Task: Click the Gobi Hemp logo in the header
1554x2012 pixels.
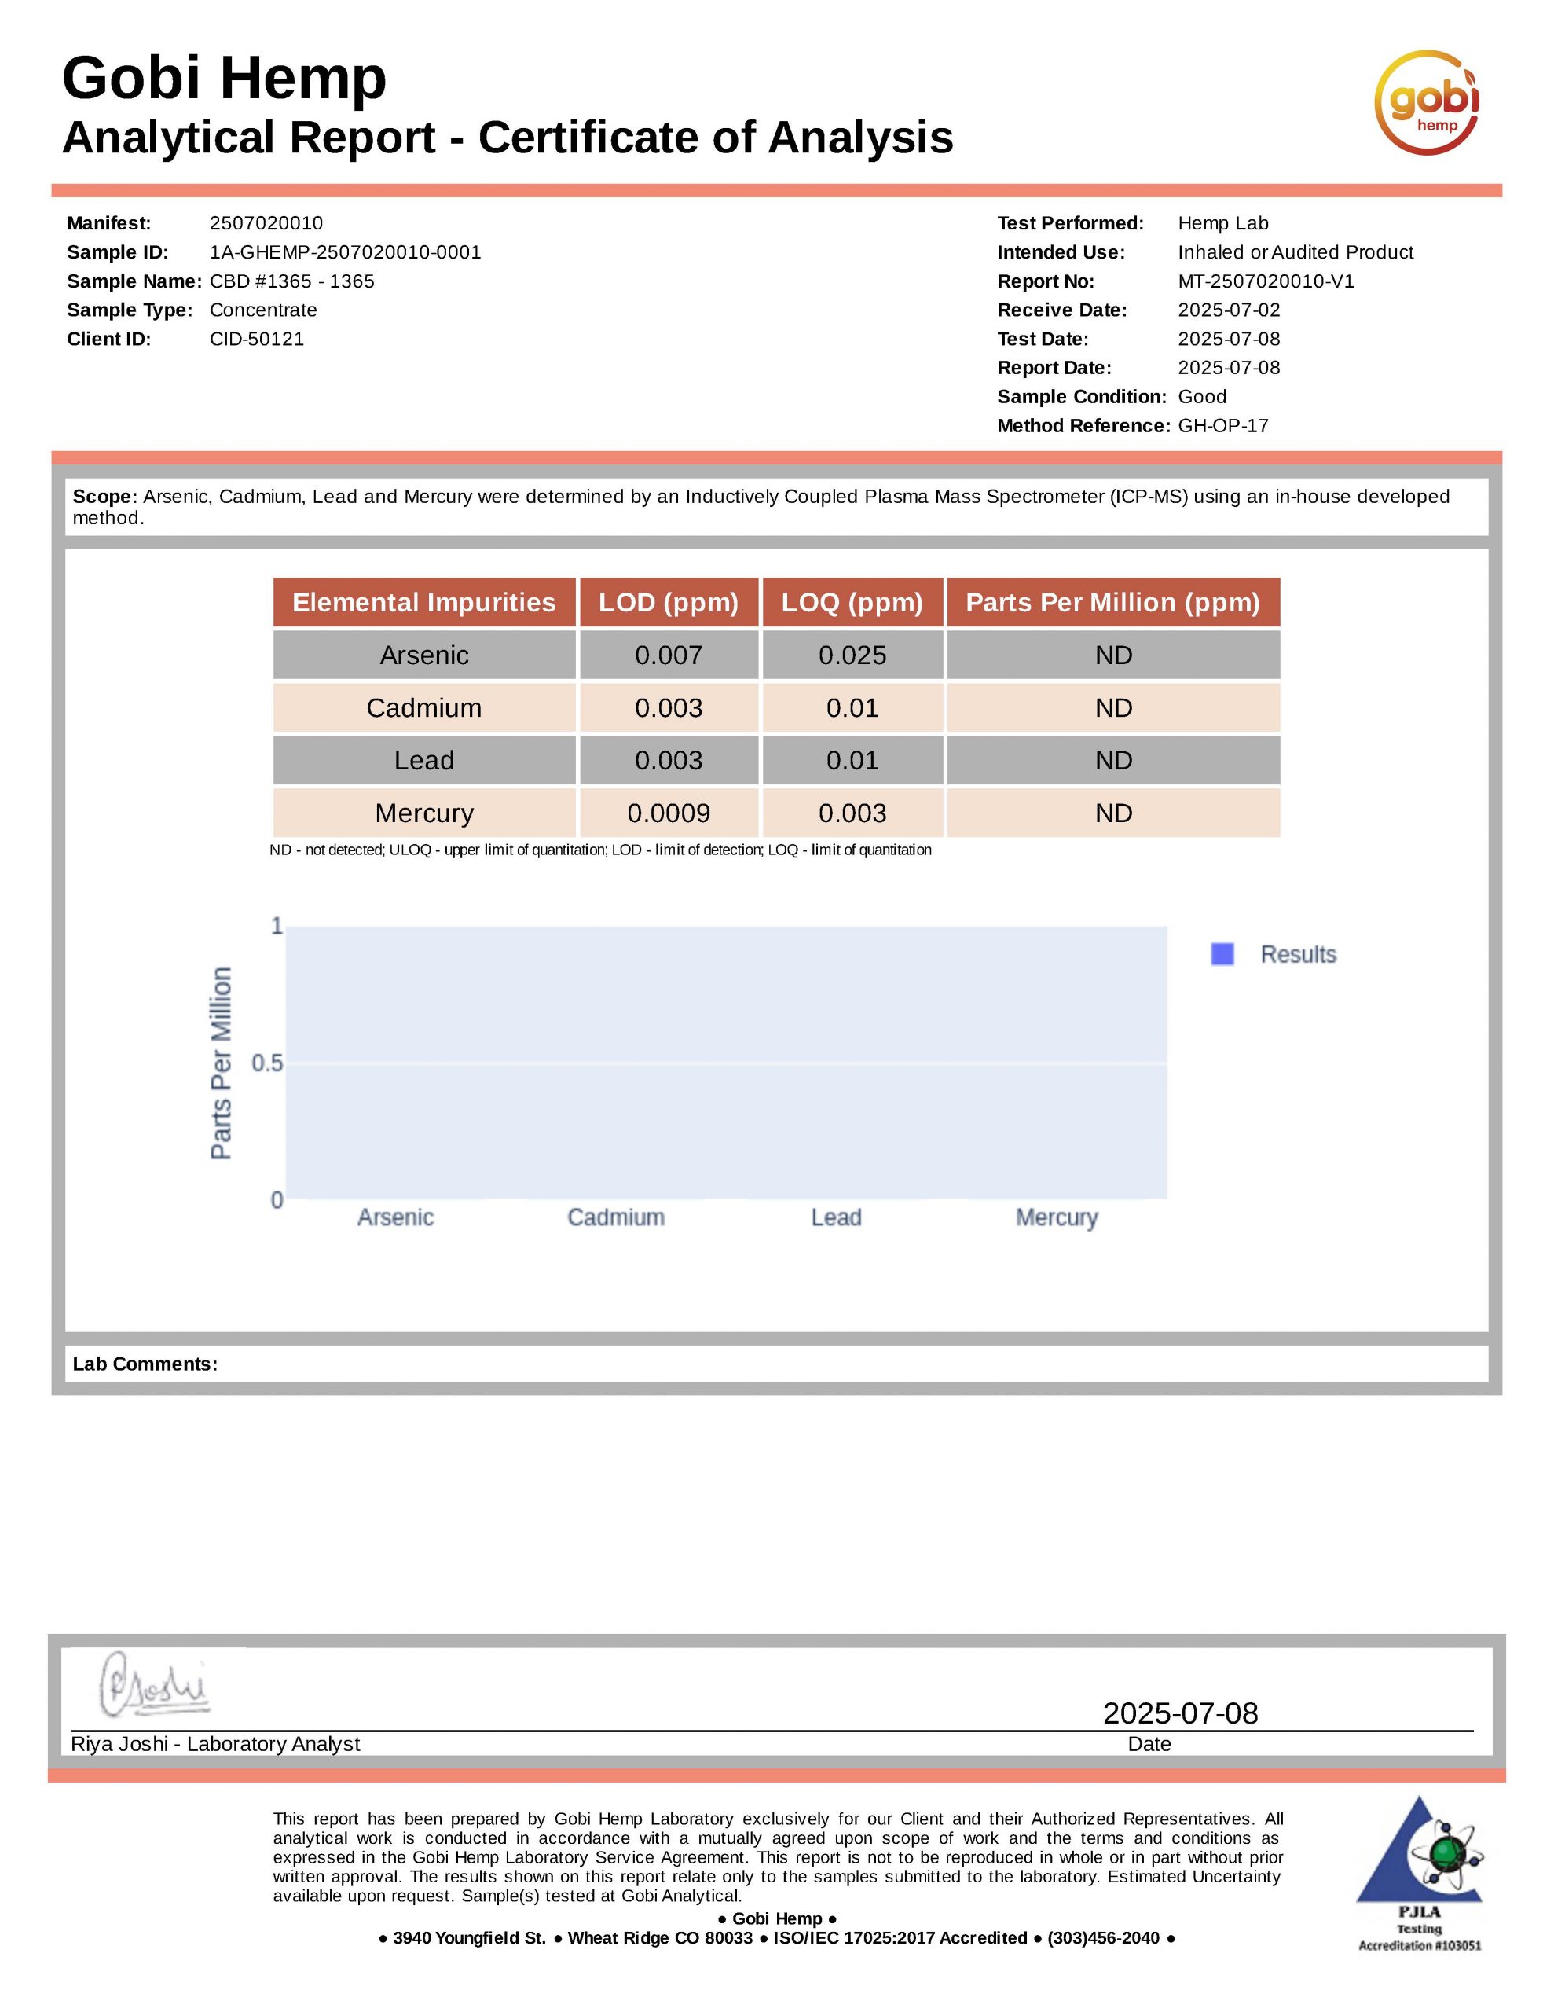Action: point(1426,102)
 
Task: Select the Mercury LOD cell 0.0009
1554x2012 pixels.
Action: point(668,813)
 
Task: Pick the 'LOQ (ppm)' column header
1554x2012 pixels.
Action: point(852,603)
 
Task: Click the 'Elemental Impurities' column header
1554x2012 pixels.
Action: point(423,603)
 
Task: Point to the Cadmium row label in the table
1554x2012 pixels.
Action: point(423,707)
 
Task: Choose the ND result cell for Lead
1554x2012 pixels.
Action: point(1112,760)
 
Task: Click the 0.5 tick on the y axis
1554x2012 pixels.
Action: point(267,1063)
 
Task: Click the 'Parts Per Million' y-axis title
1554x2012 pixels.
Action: point(221,1063)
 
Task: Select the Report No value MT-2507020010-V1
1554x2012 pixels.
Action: point(1266,281)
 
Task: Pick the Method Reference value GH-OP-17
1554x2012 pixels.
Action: point(1222,426)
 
